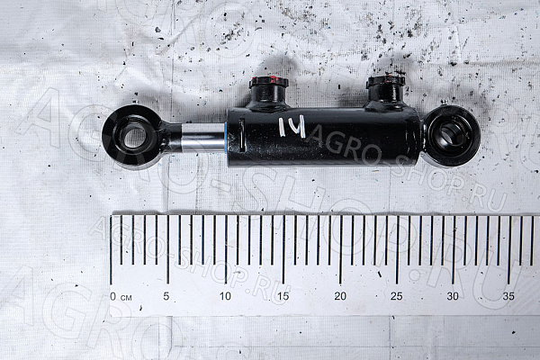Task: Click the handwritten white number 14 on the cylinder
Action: click(x=292, y=126)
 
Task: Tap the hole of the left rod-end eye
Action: click(x=135, y=137)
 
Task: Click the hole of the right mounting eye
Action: click(x=453, y=135)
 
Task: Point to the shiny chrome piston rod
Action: click(x=203, y=138)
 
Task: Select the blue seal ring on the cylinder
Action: click(x=226, y=137)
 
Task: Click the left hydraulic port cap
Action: click(x=268, y=82)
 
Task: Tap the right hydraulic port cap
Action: click(x=385, y=81)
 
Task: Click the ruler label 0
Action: click(x=113, y=296)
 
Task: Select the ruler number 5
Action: click(x=166, y=296)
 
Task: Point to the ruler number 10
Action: click(x=225, y=296)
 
